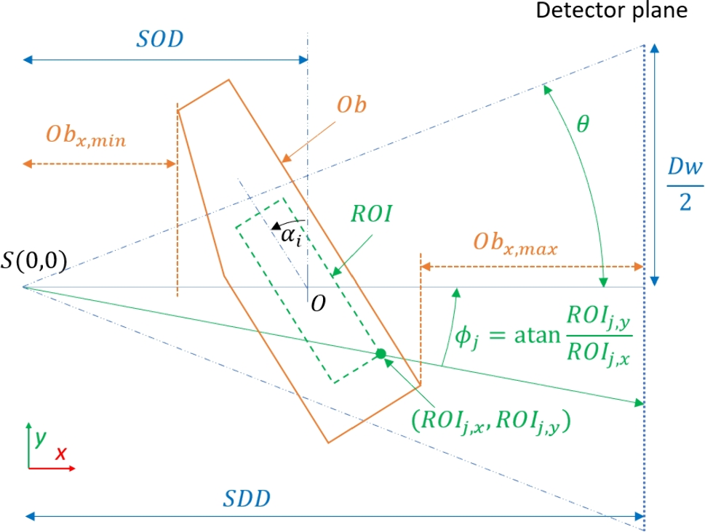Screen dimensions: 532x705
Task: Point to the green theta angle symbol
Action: [x=583, y=124]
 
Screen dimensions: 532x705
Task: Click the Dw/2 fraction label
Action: [x=685, y=185]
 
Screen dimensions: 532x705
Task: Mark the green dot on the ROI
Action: [x=380, y=354]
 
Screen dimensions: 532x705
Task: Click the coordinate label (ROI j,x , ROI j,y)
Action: [x=490, y=422]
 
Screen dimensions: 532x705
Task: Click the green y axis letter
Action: [x=41, y=438]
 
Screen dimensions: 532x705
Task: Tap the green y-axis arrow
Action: [x=28, y=445]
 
